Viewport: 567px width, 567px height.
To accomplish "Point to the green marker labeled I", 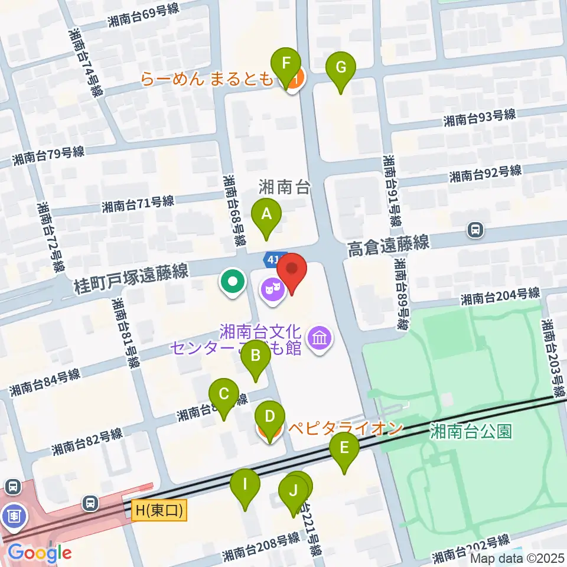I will [x=245, y=486].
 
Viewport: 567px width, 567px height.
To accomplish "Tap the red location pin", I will [x=292, y=271].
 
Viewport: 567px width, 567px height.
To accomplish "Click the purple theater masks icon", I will [x=272, y=289].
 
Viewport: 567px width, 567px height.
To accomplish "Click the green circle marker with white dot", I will [x=233, y=281].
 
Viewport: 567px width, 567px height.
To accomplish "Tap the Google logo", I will [x=39, y=553].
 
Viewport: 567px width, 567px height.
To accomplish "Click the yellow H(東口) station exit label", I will [x=159, y=510].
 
